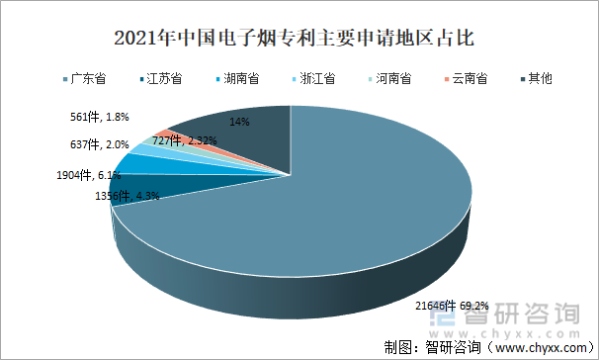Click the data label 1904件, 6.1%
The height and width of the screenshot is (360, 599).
(x=88, y=175)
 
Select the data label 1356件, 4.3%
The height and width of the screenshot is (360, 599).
(x=127, y=196)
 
